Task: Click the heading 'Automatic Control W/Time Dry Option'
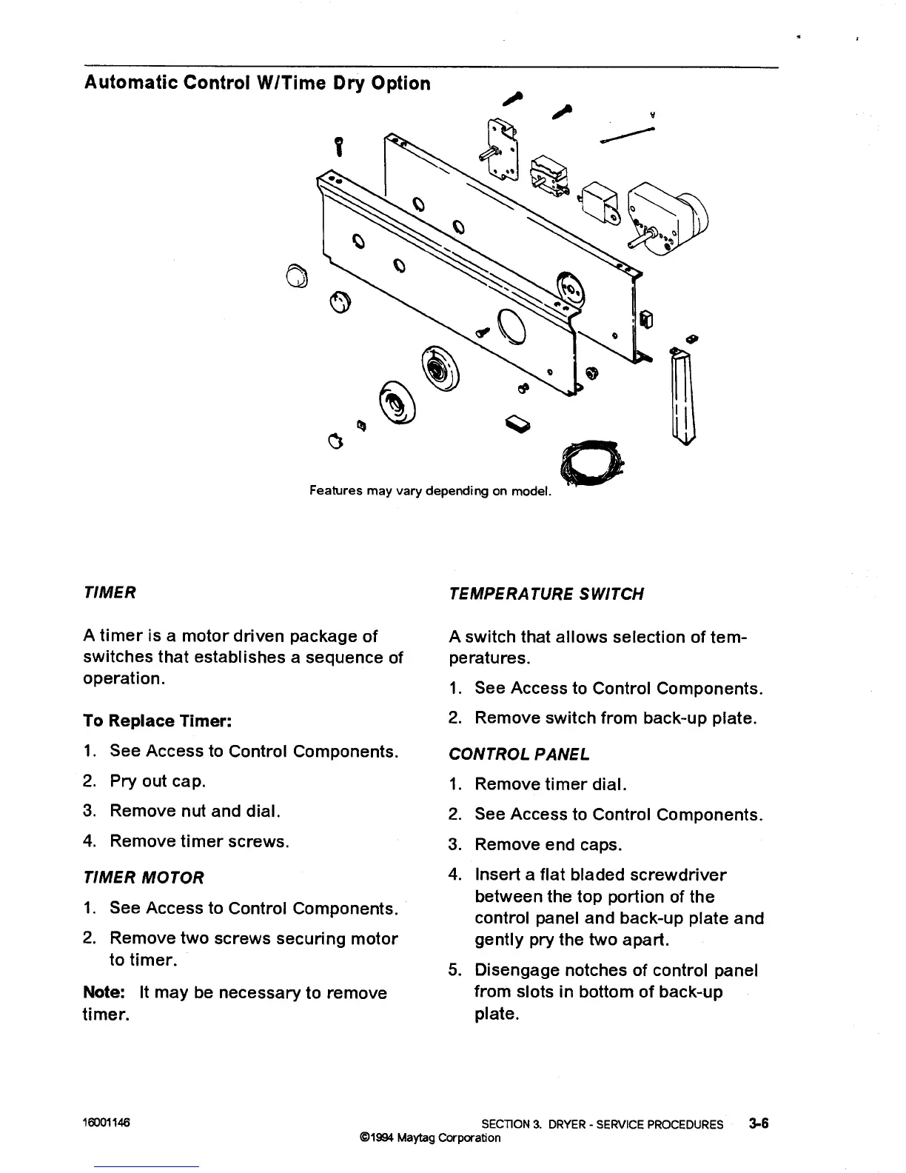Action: [x=257, y=83]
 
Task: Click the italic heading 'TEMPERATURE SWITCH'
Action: [x=546, y=594]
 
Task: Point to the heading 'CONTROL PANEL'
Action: [x=519, y=755]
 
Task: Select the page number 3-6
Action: [x=758, y=1123]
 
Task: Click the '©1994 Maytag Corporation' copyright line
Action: [x=429, y=1137]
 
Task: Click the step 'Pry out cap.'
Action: [x=158, y=781]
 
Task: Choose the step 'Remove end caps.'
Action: [x=548, y=844]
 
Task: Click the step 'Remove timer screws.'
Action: [x=199, y=841]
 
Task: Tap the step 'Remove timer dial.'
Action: [x=551, y=784]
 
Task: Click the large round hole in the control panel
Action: [x=511, y=325]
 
